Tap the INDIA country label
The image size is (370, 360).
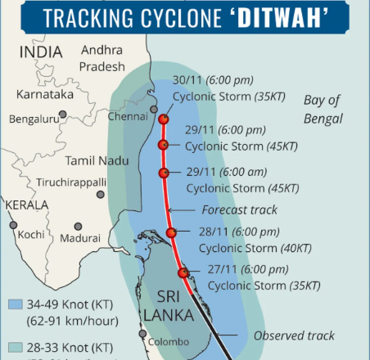(x=35, y=51)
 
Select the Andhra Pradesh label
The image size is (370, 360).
(x=103, y=59)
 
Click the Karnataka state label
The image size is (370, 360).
(x=45, y=95)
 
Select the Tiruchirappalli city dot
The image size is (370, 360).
(x=101, y=195)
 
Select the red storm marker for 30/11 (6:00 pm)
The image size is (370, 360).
(x=163, y=119)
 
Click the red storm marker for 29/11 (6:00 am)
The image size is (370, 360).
(x=164, y=173)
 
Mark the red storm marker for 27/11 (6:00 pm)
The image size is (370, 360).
(x=183, y=272)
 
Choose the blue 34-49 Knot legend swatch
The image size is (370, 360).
(x=14, y=304)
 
